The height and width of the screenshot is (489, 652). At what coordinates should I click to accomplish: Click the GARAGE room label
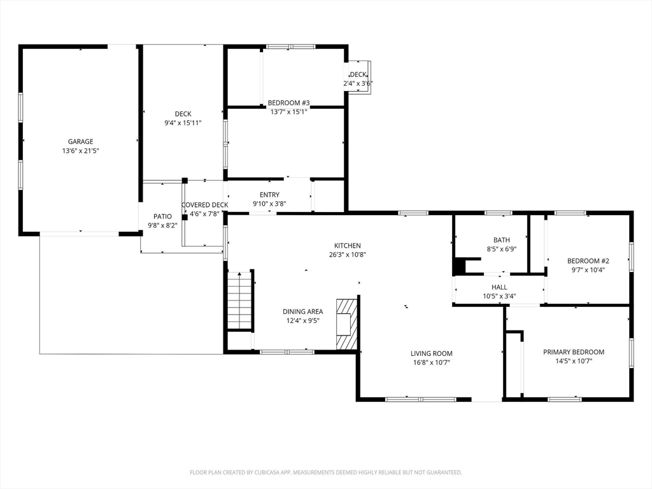pyautogui.click(x=81, y=142)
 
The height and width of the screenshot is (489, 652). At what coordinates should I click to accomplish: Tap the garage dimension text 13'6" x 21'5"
pyautogui.click(x=81, y=151)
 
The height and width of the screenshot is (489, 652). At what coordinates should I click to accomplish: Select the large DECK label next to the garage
pyautogui.click(x=183, y=114)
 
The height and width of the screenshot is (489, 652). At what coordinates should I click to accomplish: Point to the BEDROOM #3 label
pyautogui.click(x=288, y=103)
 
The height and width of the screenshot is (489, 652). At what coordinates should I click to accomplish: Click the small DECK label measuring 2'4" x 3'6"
pyautogui.click(x=358, y=74)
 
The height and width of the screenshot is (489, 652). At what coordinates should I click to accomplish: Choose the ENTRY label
pyautogui.click(x=269, y=195)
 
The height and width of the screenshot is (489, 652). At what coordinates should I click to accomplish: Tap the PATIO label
pyautogui.click(x=162, y=216)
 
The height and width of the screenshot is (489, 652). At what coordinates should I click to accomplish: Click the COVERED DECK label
pyautogui.click(x=204, y=205)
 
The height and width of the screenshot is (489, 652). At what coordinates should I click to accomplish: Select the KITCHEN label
pyautogui.click(x=348, y=246)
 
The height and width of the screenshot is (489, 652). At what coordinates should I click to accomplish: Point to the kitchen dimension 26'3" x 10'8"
pyautogui.click(x=348, y=255)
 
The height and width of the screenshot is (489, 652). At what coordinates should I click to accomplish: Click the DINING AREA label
pyautogui.click(x=302, y=311)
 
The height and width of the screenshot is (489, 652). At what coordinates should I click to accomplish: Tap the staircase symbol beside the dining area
pyautogui.click(x=241, y=301)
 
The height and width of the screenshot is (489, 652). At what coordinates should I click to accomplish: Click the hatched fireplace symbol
pyautogui.click(x=347, y=324)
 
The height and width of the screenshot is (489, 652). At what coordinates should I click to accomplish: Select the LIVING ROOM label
pyautogui.click(x=432, y=353)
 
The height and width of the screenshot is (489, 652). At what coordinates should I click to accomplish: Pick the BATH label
pyautogui.click(x=502, y=240)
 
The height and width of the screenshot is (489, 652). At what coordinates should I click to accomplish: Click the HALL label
pyautogui.click(x=499, y=287)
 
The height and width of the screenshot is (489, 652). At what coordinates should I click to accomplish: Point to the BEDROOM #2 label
pyautogui.click(x=588, y=261)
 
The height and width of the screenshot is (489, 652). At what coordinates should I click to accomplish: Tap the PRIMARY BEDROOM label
pyautogui.click(x=574, y=352)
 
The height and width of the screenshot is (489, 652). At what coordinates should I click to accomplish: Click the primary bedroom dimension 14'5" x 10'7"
pyautogui.click(x=574, y=362)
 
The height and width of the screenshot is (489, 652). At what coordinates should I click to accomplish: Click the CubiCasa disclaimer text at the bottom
pyautogui.click(x=325, y=472)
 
